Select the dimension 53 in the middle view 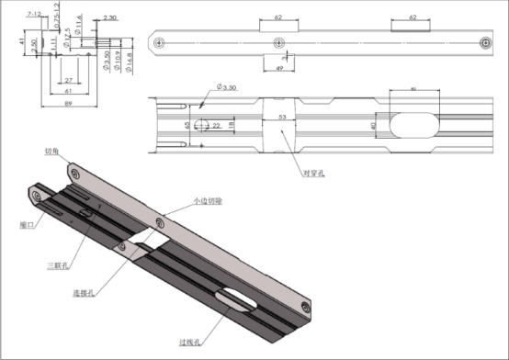pos(281,118)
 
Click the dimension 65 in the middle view pos(187,124)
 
